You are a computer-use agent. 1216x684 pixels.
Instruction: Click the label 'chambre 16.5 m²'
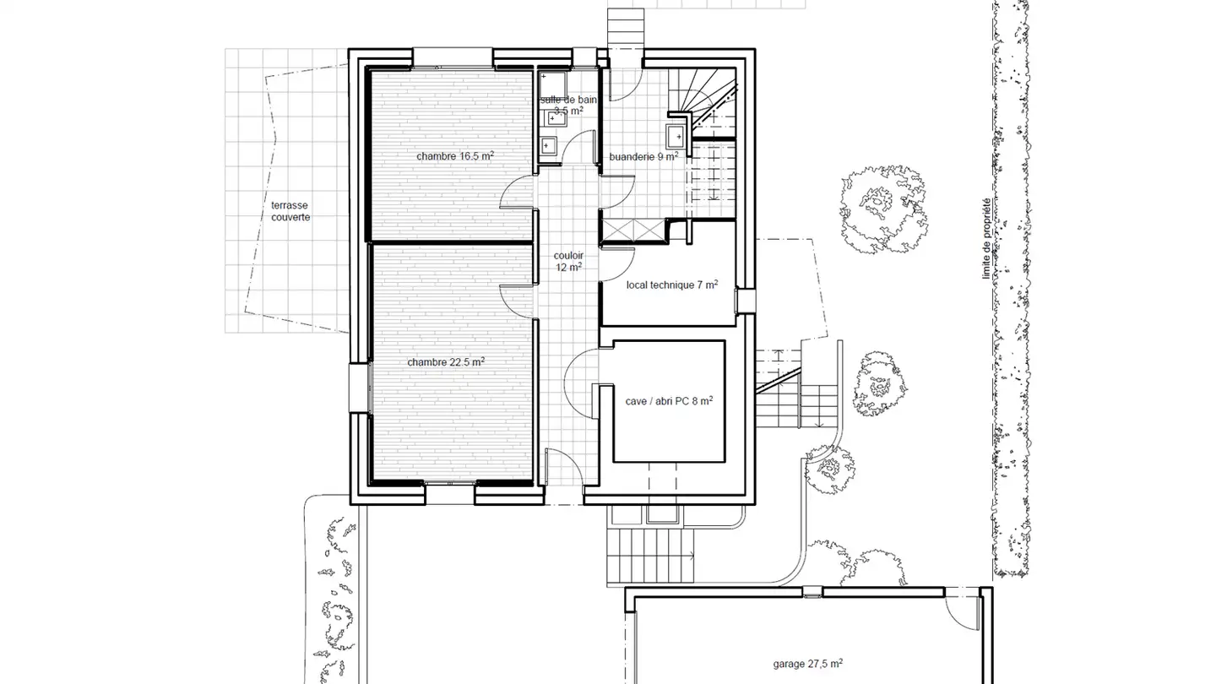point(455,156)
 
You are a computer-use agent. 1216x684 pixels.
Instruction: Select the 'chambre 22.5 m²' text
point(446,361)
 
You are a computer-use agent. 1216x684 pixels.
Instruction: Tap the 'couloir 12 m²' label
point(567,261)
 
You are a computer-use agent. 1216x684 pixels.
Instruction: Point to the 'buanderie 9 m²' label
point(643,156)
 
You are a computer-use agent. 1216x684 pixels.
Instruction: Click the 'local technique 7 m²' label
point(672,285)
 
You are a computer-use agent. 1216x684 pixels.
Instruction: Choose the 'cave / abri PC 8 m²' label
point(669,402)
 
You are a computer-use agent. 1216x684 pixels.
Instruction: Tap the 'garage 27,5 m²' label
point(808,664)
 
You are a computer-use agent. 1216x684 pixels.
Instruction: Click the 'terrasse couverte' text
point(290,211)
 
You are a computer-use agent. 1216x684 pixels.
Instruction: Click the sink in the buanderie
point(676,136)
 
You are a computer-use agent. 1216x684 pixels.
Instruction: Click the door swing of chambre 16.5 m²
point(518,190)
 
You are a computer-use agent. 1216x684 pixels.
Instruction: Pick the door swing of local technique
point(616,266)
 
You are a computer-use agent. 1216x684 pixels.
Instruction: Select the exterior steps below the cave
point(650,555)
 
